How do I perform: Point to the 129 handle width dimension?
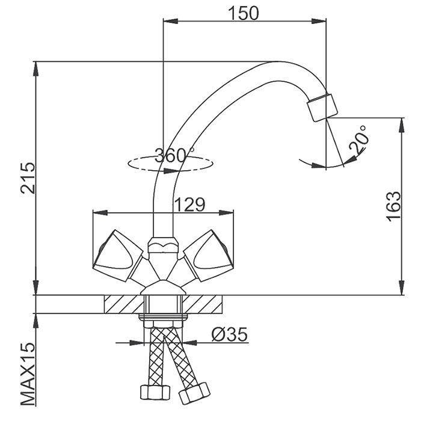[189, 204]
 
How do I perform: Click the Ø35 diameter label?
[230, 334]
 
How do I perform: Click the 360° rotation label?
[174, 155]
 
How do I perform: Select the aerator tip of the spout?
[322, 107]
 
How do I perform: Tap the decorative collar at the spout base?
[162, 245]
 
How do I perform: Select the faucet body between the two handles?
[162, 271]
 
